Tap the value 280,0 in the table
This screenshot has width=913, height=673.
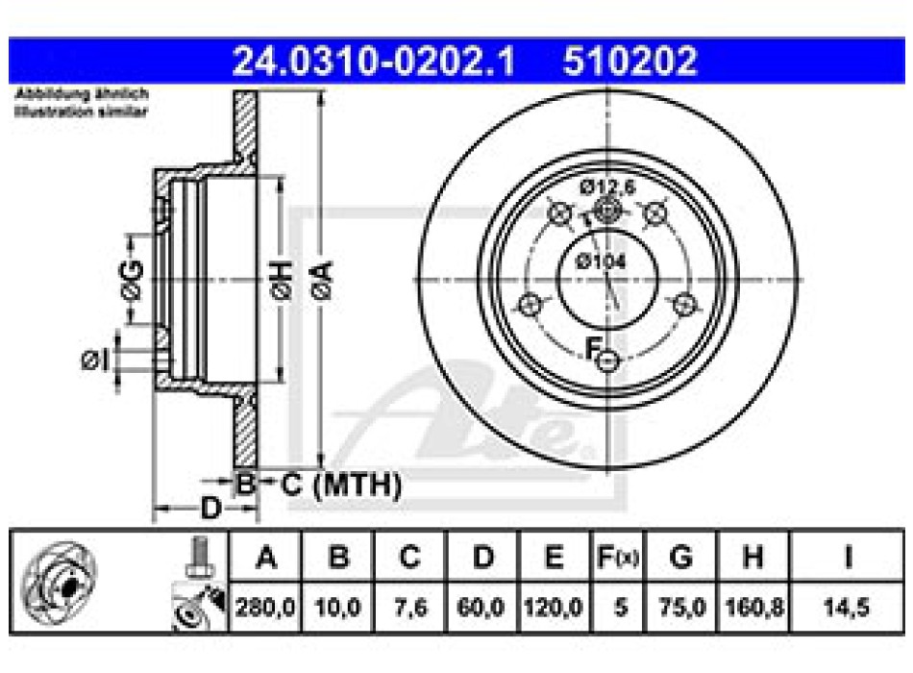tap(265, 610)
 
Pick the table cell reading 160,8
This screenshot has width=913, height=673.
tap(753, 610)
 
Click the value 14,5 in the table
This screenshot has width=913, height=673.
tap(850, 610)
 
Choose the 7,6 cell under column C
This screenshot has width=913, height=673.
tap(410, 610)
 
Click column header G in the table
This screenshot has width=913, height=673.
tap(680, 558)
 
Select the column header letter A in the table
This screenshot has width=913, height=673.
tap(265, 558)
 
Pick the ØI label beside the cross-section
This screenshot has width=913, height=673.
tap(93, 360)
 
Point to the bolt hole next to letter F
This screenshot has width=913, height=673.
tap(606, 361)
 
